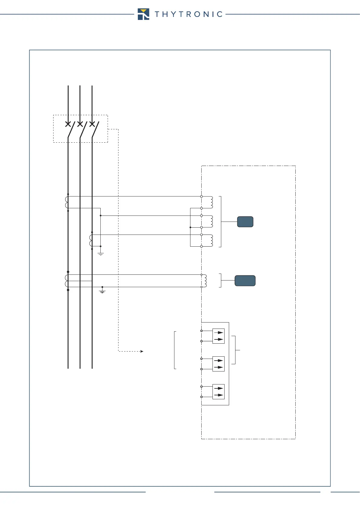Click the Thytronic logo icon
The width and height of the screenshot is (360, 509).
point(143,14)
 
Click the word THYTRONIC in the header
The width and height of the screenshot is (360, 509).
point(189,14)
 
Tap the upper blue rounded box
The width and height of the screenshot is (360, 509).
point(245,222)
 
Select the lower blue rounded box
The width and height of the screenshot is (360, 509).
point(245,281)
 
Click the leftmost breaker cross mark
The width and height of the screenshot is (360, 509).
point(68,124)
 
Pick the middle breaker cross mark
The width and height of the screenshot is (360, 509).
point(80,124)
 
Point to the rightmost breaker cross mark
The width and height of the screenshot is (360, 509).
point(92,124)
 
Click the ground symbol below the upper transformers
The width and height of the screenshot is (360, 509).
point(101,254)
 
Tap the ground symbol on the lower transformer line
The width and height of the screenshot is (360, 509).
point(102,291)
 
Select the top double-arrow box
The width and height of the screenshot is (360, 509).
point(219,336)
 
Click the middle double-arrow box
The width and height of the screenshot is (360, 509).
point(219,364)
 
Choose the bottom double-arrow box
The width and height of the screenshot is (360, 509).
point(219,392)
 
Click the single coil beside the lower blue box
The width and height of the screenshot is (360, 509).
point(205,281)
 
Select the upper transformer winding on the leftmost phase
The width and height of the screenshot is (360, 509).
point(66,202)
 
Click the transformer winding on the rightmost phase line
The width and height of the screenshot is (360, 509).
point(91,241)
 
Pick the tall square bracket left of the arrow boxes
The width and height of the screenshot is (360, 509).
point(175,350)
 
